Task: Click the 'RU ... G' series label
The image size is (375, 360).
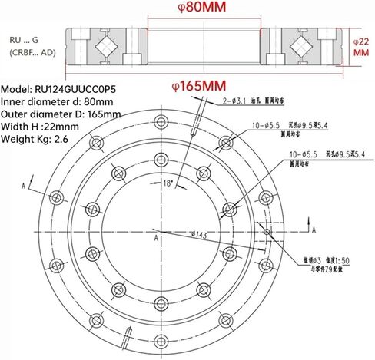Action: pyautogui.click(x=27, y=38)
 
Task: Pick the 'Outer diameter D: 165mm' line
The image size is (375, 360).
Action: pyautogui.click(x=61, y=114)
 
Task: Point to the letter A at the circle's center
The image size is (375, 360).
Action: pyautogui.click(x=155, y=239)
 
